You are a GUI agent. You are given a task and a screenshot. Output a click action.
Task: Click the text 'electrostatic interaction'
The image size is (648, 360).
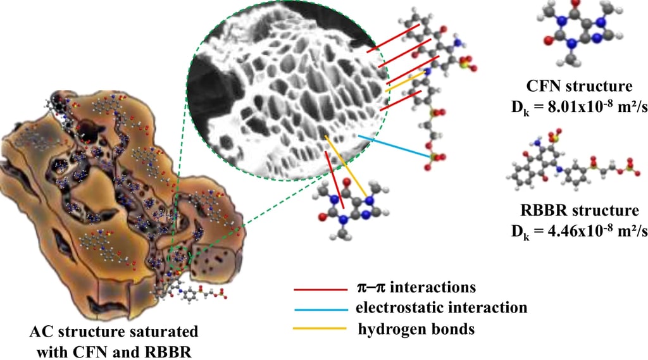coord(441,308)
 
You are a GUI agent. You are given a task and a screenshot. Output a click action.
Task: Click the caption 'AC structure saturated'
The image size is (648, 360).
coord(113,332)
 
